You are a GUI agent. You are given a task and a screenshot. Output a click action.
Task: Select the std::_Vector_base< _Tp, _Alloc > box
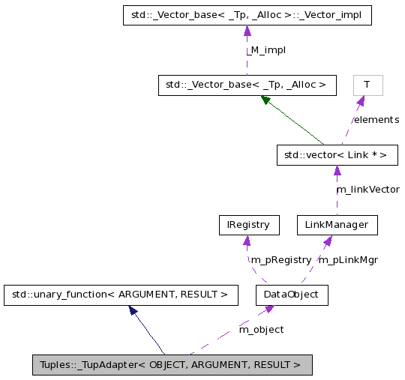tap(247, 85)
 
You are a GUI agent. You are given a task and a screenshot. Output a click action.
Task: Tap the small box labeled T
tap(367, 85)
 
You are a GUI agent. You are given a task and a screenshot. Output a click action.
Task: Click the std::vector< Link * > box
tap(336, 155)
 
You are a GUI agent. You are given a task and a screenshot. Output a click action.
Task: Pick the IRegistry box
tap(248, 225)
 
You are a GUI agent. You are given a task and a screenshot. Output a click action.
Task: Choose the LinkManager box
tap(337, 225)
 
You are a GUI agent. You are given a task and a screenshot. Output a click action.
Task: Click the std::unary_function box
tap(120, 295)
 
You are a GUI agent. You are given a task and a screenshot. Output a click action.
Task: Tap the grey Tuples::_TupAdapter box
tap(172, 365)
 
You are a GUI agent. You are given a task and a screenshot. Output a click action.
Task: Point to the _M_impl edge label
tap(266, 50)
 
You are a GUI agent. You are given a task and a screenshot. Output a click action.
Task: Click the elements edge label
tap(376, 120)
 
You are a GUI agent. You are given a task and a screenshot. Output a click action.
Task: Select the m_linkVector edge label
tap(367, 190)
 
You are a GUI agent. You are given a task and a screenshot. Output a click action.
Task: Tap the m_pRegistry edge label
tap(280, 260)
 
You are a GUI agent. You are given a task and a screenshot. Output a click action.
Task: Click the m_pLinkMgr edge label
tap(348, 260)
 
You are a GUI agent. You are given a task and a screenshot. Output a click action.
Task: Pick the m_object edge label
tap(261, 329)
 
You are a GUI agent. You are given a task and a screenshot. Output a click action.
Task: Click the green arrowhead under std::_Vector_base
tap(266, 100)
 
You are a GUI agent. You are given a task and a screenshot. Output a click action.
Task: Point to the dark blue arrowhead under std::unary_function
tap(133, 310)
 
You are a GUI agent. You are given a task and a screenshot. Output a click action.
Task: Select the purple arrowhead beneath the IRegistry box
tap(245, 240)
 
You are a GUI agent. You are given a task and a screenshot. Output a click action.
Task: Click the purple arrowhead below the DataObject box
tap(268, 310)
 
